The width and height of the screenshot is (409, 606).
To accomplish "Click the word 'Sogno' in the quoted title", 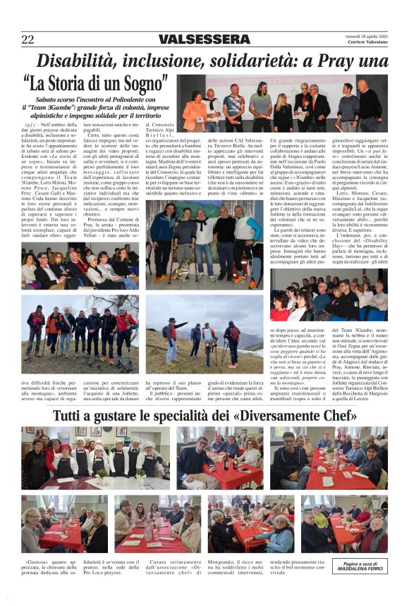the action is tap(141, 84).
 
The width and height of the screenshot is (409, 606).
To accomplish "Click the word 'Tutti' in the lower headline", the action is tap(74, 414).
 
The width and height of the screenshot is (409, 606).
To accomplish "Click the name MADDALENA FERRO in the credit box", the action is tap(360, 569).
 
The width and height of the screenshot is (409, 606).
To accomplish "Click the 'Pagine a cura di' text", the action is tap(360, 563).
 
